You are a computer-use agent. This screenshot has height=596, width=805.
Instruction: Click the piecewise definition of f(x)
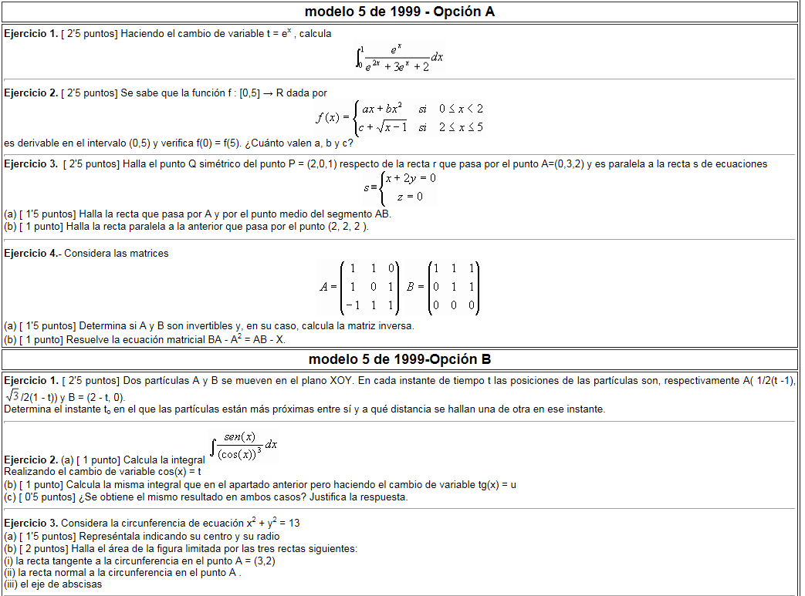pos(399,118)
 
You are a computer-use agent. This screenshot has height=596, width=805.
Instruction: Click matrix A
pos(360,287)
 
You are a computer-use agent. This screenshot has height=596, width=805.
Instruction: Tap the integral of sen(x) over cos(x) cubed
pos(244,446)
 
